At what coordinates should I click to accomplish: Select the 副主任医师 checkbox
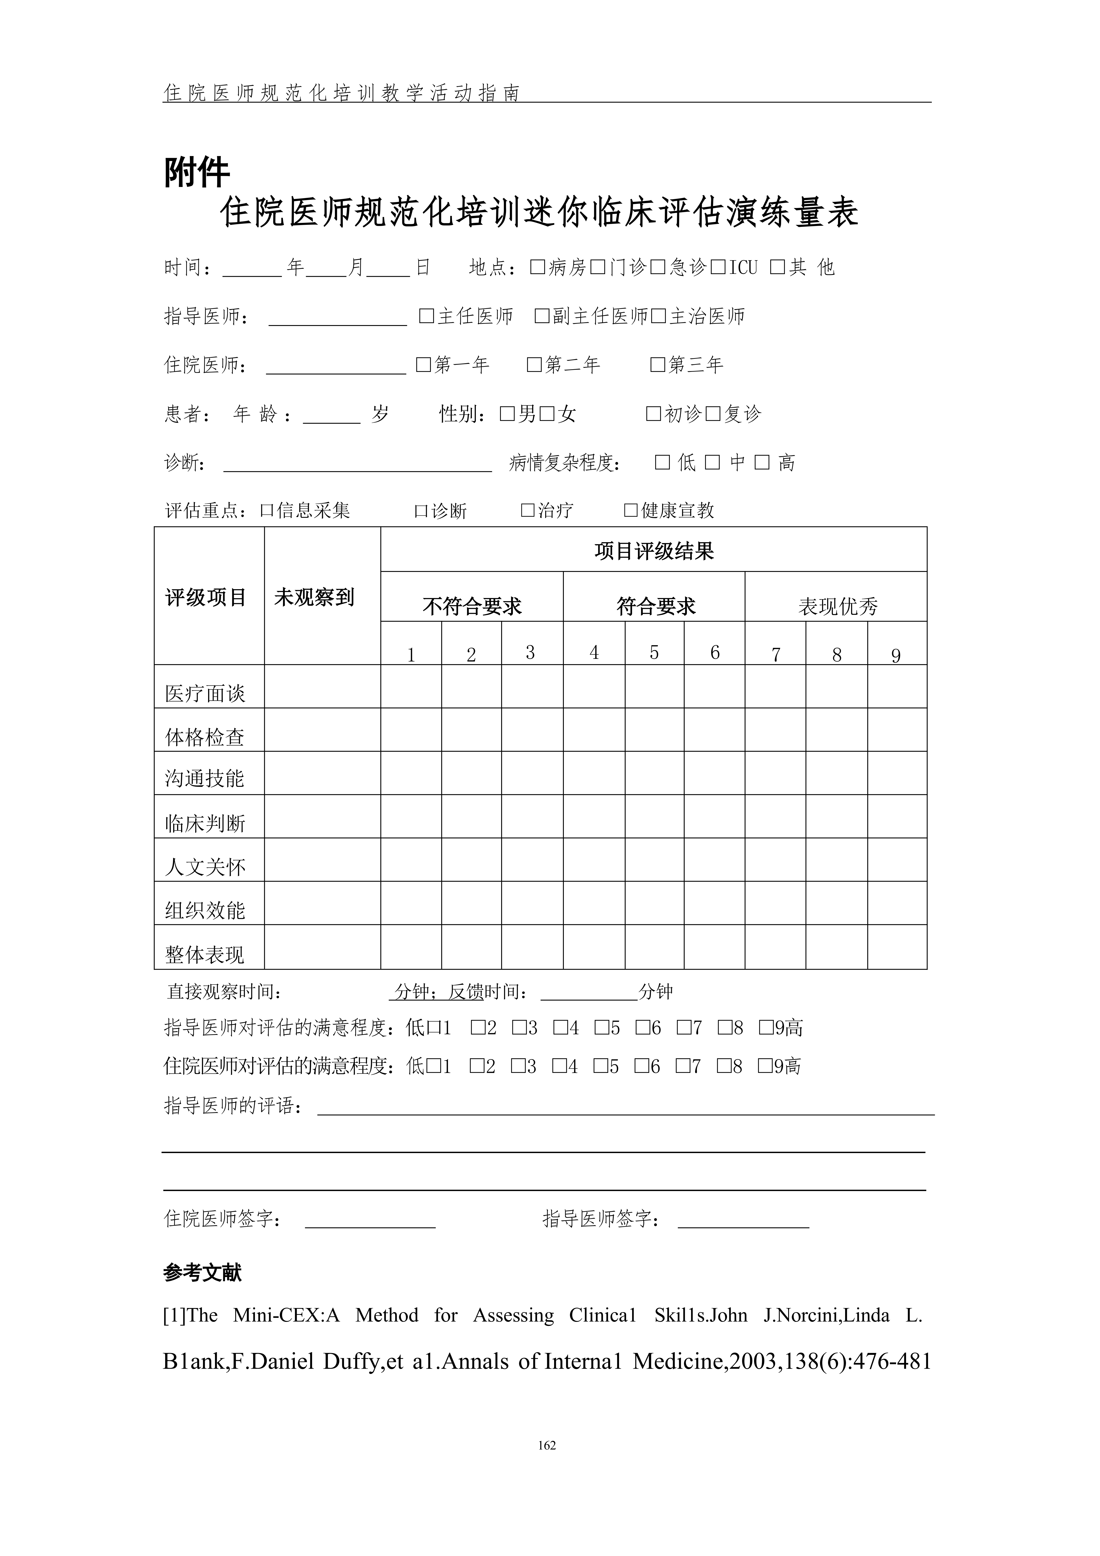[x=542, y=316]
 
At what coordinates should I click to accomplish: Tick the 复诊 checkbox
[x=713, y=413]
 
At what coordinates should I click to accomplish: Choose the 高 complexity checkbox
[x=763, y=462]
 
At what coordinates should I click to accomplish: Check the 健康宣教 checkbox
[x=631, y=510]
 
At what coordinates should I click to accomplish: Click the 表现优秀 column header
[x=838, y=606]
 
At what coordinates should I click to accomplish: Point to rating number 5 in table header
[x=654, y=652]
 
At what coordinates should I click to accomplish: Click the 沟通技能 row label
[x=205, y=778]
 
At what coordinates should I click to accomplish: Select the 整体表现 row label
[x=205, y=954]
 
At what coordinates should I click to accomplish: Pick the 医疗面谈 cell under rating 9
[x=897, y=687]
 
